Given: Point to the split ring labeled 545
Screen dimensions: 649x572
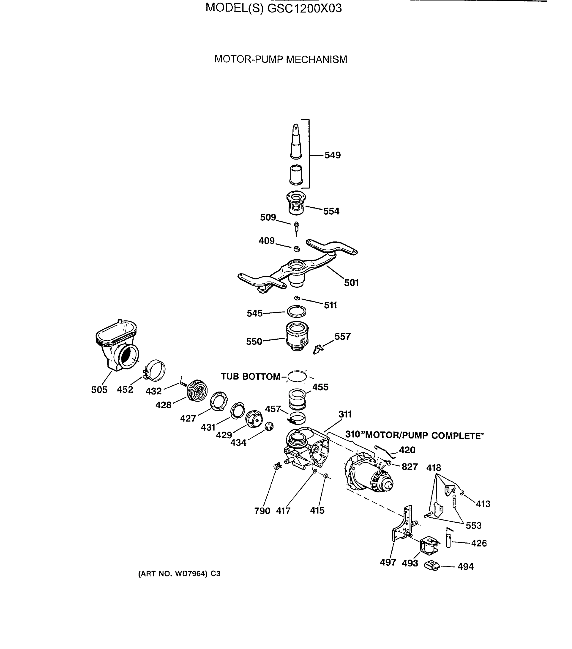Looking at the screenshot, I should click(296, 311).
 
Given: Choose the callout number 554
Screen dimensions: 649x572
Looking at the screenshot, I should click(331, 211).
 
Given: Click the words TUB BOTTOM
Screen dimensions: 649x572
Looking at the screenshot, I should click(250, 377).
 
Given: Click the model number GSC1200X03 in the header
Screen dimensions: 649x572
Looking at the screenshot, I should click(304, 8).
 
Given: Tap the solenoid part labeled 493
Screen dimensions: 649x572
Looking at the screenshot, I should click(429, 545).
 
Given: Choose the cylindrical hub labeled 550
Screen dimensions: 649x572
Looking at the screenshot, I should click(297, 337).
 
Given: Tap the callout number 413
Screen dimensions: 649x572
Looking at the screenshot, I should click(483, 504).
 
